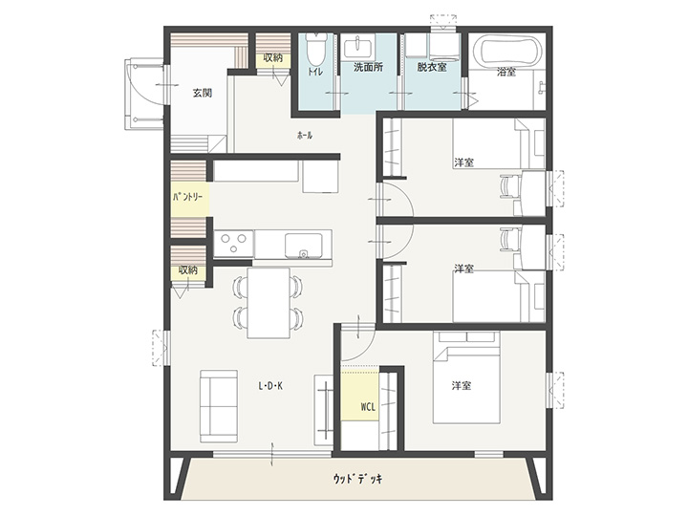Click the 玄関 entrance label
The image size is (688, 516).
203,93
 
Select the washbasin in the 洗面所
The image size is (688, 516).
359,48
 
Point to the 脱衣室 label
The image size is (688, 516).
432,68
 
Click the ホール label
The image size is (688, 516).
305,136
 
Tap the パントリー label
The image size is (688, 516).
188,198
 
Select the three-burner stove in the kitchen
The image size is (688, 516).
234,244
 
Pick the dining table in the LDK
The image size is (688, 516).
269,303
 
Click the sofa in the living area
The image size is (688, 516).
219,406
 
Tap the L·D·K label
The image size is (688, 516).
270,386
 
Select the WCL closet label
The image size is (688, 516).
368,407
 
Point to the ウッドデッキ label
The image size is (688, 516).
357,479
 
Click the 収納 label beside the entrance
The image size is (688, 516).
273,57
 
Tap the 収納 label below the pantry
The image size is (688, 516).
188,269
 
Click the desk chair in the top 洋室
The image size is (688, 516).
510,187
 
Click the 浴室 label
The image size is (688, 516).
506,72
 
